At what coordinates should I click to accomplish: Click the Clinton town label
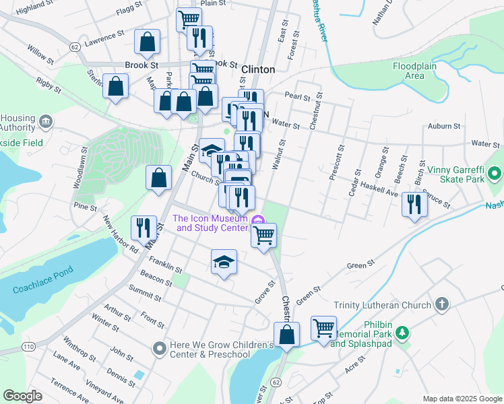[257, 69]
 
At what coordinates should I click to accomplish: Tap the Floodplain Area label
[418, 71]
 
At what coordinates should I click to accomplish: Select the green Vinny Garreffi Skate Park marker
[495, 174]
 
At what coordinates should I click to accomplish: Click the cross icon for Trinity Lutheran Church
[442, 304]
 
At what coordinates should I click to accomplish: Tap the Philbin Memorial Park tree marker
[402, 332]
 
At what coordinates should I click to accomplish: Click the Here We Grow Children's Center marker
[159, 348]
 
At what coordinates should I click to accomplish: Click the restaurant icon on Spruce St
[415, 203]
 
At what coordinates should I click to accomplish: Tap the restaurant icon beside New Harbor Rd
[144, 227]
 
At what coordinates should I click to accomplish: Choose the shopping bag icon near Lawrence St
[147, 41]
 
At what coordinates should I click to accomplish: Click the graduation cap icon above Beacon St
[224, 262]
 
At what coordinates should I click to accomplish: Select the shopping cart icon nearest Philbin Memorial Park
[323, 328]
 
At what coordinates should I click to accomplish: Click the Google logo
[22, 396]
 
